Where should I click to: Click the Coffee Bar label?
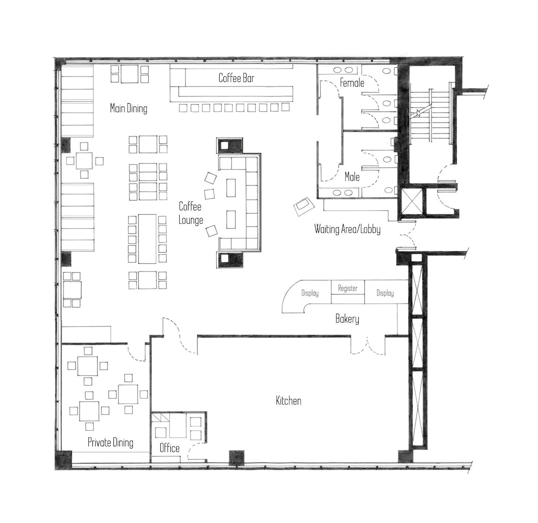[x=236, y=78]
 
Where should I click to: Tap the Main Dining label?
[x=129, y=108]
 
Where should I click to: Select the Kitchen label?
[x=289, y=401]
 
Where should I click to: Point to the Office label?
[x=169, y=448]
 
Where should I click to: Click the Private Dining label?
[x=110, y=442]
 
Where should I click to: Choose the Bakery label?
[x=347, y=319]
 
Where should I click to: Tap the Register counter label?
[x=348, y=288]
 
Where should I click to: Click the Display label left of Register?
[x=310, y=293]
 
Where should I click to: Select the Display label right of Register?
[x=385, y=293]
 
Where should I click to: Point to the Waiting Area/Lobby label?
[x=347, y=229]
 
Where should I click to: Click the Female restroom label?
[x=352, y=83]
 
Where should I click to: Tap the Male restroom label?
[x=352, y=177]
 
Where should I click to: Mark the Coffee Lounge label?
[x=191, y=213]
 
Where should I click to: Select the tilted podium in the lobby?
[x=304, y=206]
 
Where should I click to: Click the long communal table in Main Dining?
[x=147, y=239]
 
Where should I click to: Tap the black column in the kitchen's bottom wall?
[x=237, y=458]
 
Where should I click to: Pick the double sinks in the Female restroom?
[x=343, y=70]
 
